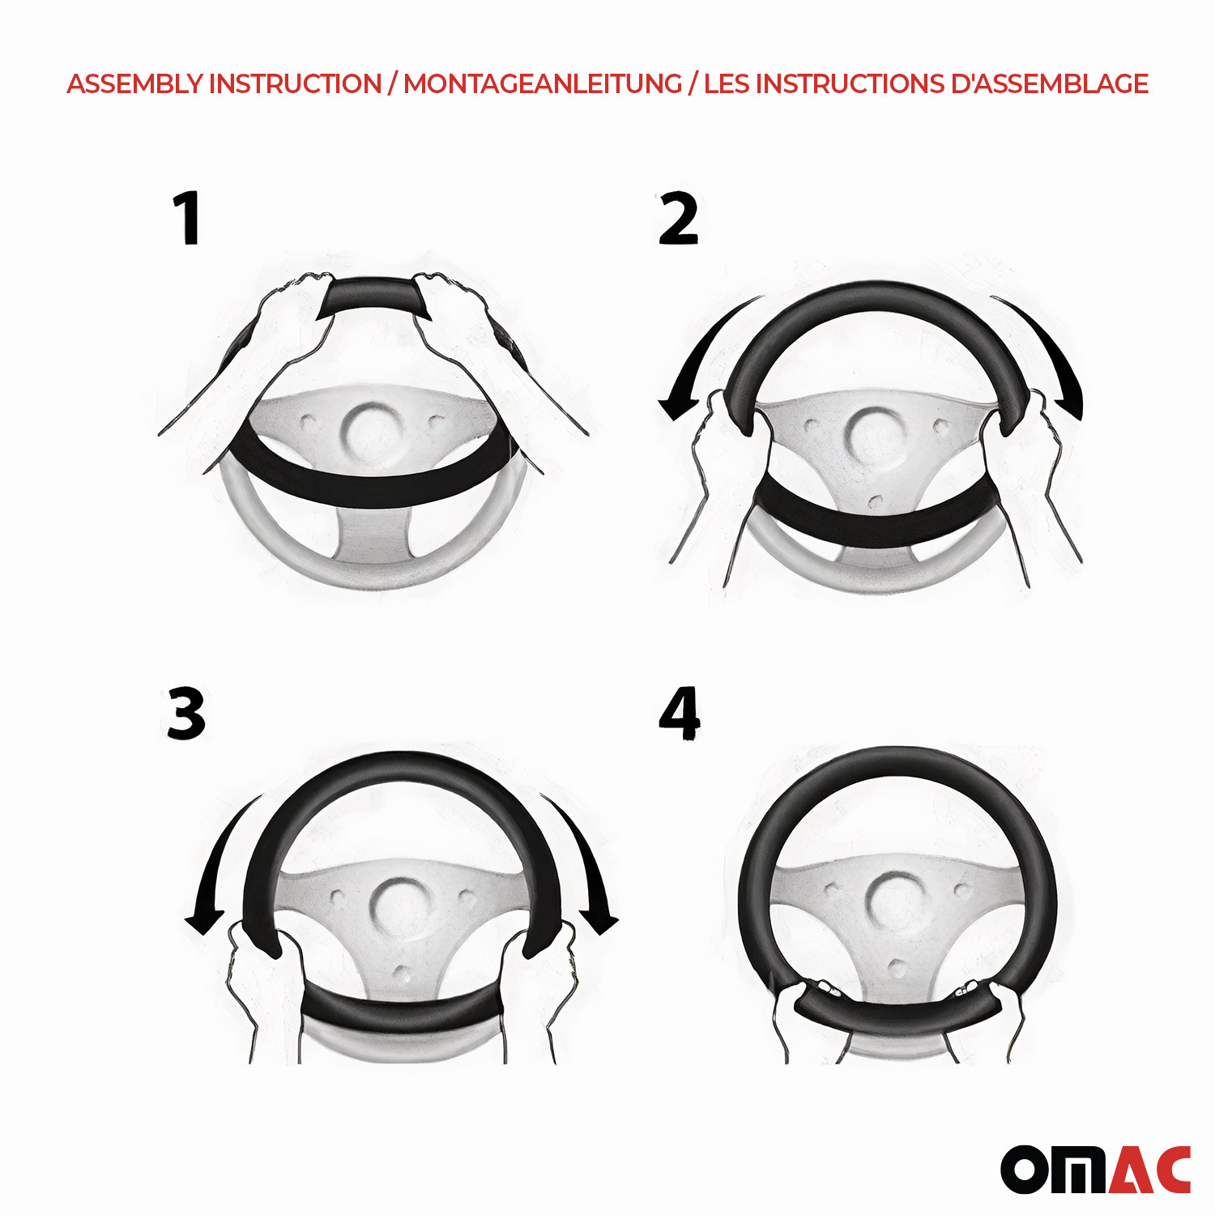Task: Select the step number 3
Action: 186,713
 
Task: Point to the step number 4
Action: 680,714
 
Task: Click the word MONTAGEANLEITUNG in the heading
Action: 543,83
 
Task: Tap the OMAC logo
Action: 1095,1169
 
